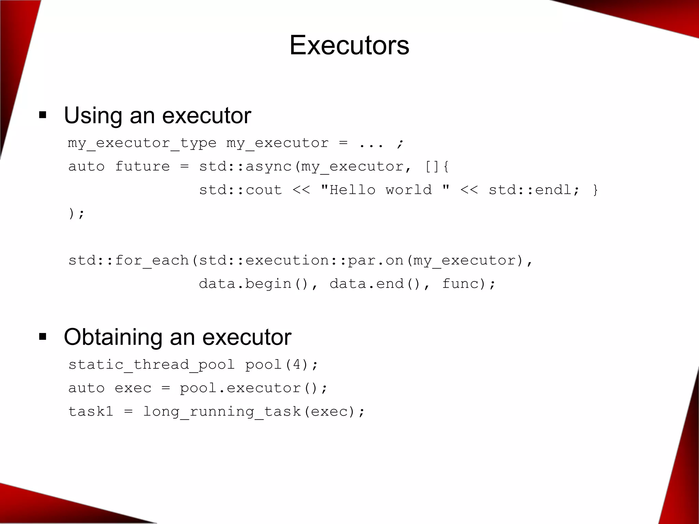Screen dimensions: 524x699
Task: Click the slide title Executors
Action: [x=349, y=45]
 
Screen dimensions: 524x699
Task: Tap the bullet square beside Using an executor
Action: [x=43, y=115]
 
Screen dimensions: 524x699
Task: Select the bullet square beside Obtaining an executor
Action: [x=43, y=337]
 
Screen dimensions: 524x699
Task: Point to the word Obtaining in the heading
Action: [x=113, y=337]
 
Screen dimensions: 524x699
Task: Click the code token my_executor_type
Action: [x=142, y=143]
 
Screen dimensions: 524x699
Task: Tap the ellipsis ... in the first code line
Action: [x=371, y=143]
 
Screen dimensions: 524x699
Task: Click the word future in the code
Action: [x=142, y=166]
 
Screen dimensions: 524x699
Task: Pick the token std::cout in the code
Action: [x=241, y=190]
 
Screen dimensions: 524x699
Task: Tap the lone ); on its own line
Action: [x=76, y=214]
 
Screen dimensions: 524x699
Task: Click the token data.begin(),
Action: [x=258, y=284]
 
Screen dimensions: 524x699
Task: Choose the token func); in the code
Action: [x=469, y=284]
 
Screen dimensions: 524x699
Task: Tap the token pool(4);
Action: [x=282, y=365]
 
